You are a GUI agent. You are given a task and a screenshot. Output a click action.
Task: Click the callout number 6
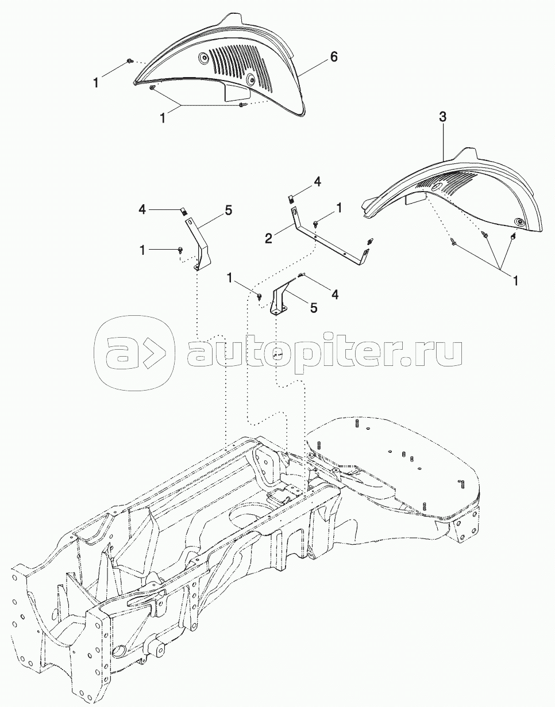[333, 56]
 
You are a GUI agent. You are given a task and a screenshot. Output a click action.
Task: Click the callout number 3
[443, 117]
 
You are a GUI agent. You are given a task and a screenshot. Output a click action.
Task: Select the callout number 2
[268, 239]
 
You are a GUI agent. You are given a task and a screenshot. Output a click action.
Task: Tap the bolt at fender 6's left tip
[130, 61]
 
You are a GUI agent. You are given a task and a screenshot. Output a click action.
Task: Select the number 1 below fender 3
[515, 280]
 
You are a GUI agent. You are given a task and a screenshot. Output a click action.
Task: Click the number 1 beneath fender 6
[163, 118]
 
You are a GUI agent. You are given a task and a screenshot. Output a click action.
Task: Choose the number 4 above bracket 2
[318, 182]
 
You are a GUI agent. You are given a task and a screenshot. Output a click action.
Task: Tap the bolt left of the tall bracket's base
[180, 249]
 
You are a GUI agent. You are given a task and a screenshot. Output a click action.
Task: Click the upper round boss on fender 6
[204, 59]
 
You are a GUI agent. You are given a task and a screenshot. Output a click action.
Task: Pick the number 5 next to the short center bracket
[314, 307]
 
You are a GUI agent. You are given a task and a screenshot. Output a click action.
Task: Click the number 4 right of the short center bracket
[334, 294]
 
